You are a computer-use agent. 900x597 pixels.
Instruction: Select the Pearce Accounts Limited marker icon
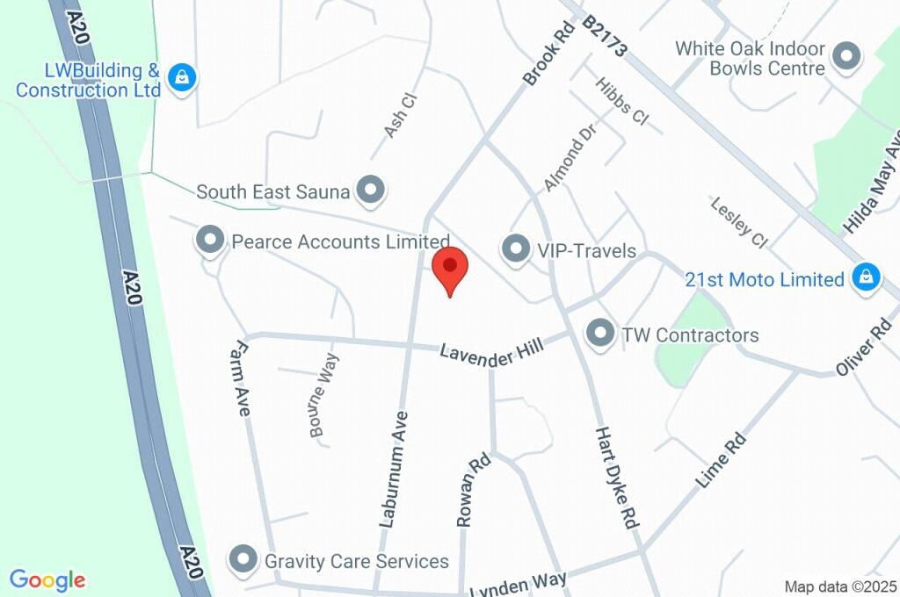click(210, 240)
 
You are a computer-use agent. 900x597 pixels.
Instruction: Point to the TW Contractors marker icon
click(600, 334)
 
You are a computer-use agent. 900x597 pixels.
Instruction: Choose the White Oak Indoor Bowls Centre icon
click(846, 57)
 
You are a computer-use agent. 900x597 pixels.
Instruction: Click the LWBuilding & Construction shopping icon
click(181, 77)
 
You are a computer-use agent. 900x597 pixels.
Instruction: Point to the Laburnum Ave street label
click(393, 470)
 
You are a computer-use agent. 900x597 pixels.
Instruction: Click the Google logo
click(47, 580)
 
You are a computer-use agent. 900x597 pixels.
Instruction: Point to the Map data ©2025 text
click(839, 586)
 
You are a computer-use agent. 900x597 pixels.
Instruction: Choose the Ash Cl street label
click(398, 116)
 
